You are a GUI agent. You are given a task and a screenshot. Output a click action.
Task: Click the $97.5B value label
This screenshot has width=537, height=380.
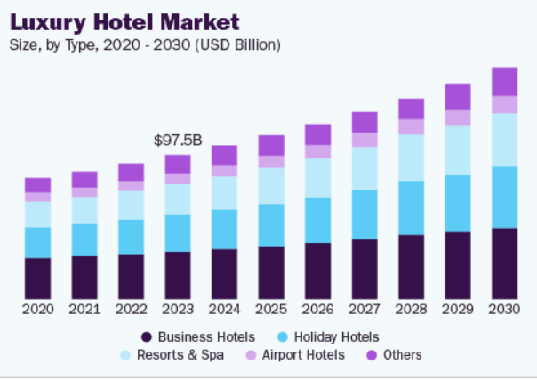coord(178,141)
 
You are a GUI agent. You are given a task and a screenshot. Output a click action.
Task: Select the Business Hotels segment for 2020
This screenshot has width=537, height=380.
coord(37,278)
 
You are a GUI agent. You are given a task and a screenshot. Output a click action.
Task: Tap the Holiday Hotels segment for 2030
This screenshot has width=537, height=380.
coord(504,197)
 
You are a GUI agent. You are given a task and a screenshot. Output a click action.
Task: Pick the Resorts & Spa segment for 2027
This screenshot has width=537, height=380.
coord(365,168)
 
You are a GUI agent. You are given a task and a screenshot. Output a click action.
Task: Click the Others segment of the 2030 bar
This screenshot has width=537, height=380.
coord(504,81)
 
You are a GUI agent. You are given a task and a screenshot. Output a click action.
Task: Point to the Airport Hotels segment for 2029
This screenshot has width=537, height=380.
coord(458,117)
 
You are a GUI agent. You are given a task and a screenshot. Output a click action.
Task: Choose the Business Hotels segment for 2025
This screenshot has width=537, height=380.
coord(271,271)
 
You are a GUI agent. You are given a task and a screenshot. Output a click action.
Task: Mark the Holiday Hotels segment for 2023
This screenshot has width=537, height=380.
coord(178,232)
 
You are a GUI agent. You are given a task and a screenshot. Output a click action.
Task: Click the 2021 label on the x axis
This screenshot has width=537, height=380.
coord(84,309)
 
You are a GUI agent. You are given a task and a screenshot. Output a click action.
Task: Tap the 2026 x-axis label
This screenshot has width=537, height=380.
coord(317,309)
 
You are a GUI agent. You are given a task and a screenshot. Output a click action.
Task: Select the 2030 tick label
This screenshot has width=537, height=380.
coord(504,309)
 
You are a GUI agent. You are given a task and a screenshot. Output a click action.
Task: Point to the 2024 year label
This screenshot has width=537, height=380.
coord(224,309)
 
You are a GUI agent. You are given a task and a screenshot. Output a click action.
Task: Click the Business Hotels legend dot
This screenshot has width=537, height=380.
coord(147,336)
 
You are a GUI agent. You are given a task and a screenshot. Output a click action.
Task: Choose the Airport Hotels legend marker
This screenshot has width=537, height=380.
coord(252,355)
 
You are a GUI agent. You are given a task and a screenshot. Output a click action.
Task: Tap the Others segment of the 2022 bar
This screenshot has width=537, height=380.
coord(131,172)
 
